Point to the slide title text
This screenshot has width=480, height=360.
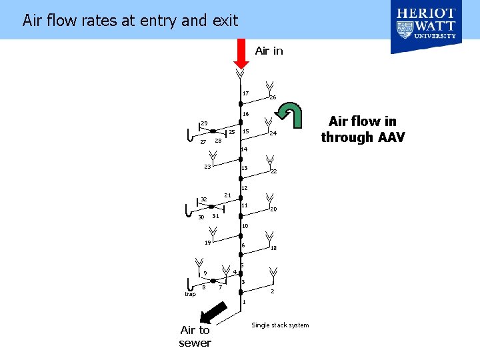pyautogui.click(x=130, y=21)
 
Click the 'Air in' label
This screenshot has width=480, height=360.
pyautogui.click(x=269, y=51)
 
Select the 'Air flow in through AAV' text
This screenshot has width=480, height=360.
pyautogui.click(x=362, y=129)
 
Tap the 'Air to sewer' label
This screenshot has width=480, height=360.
pyautogui.click(x=195, y=336)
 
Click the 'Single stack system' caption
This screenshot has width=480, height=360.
pyautogui.click(x=280, y=325)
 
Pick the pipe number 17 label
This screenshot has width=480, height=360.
pyautogui.click(x=245, y=93)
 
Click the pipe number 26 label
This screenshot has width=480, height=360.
pyautogui.click(x=273, y=98)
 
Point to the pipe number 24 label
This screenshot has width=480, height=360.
pyautogui.click(x=273, y=134)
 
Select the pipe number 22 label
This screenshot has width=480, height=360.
pyautogui.click(x=273, y=171)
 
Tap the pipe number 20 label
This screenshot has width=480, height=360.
pyautogui.click(x=273, y=209)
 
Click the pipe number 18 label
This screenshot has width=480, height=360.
pyautogui.click(x=273, y=248)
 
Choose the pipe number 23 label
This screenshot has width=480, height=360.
pyautogui.click(x=207, y=167)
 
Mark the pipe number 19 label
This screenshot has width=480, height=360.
pyautogui.click(x=207, y=243)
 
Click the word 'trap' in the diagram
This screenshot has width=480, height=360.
pyautogui.click(x=190, y=294)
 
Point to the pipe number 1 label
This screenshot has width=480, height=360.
pyautogui.click(x=244, y=302)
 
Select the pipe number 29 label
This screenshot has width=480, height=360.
pyautogui.click(x=205, y=123)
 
